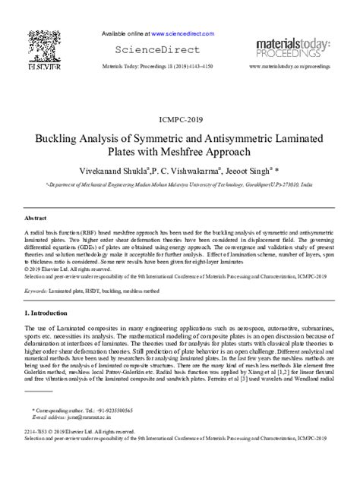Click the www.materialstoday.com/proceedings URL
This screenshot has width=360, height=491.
(289, 67)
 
